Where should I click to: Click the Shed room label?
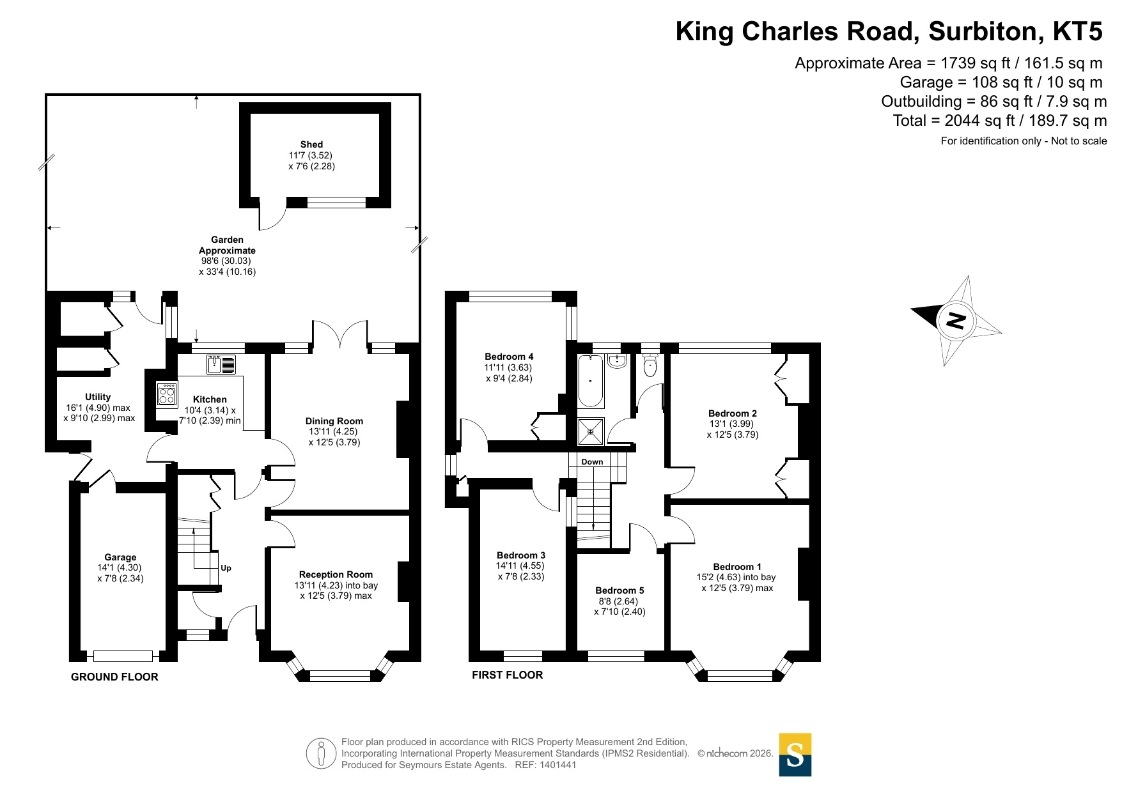coord(311,144)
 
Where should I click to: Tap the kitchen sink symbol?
coord(221,364)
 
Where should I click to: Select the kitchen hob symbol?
coord(167,394)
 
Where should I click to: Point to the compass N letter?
coord(955,320)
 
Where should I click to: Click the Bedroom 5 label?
coord(619,590)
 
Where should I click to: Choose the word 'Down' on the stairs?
coord(592,462)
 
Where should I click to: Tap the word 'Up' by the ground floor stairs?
coord(226,568)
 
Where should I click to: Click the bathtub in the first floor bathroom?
coord(591,381)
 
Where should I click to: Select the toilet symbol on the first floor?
coord(650,366)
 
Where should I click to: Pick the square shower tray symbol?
coord(591,431)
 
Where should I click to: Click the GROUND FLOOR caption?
coord(114,677)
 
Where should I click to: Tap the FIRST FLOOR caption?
coord(508,675)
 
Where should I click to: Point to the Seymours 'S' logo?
coord(795,755)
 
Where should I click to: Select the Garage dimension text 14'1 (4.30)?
coord(120,567)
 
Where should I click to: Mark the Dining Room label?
coord(334,421)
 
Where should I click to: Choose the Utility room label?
coord(98,397)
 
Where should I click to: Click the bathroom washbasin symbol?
coord(618,362)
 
